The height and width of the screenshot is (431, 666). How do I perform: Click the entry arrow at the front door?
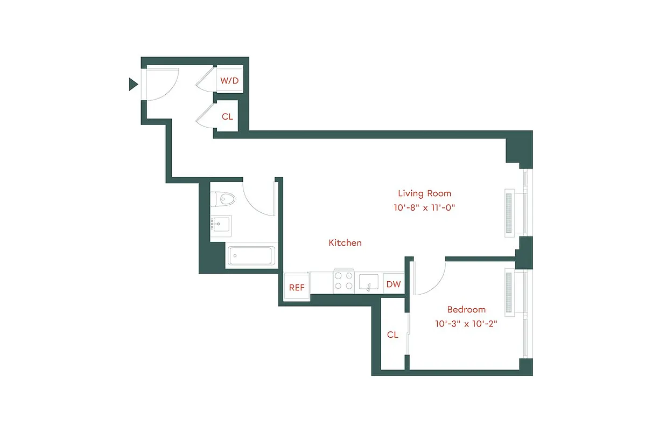point(133,84)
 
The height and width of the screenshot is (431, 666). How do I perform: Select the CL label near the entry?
point(227,116)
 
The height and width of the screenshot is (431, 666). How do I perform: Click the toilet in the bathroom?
point(223,199)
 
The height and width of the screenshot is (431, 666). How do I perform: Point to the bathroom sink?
point(221,225)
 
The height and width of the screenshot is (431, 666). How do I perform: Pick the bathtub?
point(251,256)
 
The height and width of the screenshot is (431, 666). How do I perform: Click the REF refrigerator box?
point(297,287)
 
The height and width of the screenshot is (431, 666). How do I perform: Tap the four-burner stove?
point(343,281)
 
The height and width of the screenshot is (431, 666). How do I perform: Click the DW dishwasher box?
point(394,284)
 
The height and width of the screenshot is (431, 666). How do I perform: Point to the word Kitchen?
point(345,243)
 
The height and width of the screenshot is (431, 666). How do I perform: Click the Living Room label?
point(424,193)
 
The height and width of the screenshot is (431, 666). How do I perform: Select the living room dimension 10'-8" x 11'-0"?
point(424,207)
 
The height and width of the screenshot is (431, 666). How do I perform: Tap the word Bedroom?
point(466,310)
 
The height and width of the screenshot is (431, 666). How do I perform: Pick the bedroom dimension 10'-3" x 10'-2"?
point(466,324)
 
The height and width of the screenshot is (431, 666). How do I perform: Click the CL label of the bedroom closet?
point(392,335)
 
